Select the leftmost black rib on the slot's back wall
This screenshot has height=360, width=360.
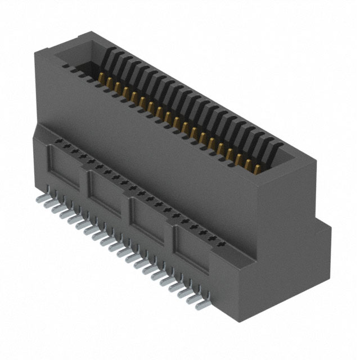point(112,56)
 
